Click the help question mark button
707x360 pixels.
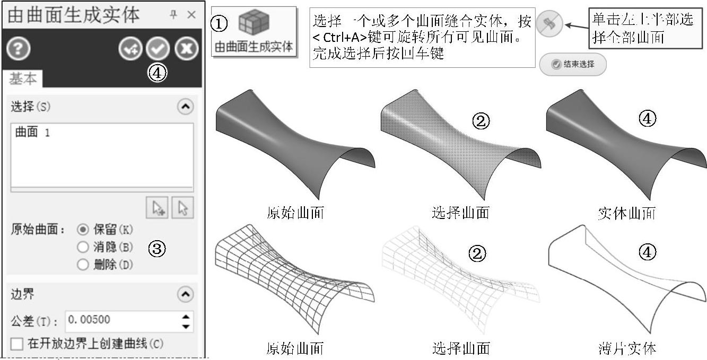(18, 49)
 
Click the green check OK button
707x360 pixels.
(158, 49)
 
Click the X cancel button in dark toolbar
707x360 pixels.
(187, 49)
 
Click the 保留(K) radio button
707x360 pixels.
(83, 230)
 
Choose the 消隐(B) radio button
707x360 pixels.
(83, 247)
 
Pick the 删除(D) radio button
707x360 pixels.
(83, 265)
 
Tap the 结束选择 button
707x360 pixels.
(573, 65)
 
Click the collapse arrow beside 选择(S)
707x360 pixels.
(185, 107)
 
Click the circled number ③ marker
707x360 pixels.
(158, 248)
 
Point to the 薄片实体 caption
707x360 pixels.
(626, 348)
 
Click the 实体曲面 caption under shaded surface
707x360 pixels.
(626, 213)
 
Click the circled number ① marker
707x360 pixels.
(219, 23)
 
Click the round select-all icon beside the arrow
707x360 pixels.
(549, 25)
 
